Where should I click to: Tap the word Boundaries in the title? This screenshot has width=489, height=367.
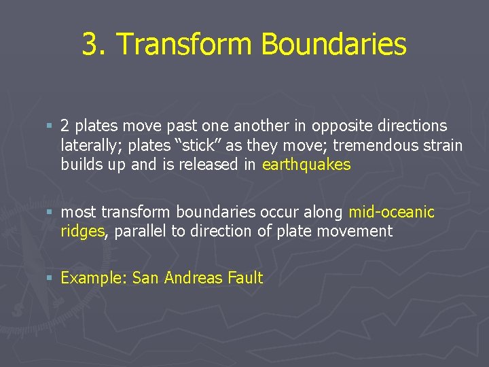[333, 45]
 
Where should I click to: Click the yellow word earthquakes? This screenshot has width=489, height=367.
[306, 165]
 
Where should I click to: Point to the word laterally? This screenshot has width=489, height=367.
[88, 145]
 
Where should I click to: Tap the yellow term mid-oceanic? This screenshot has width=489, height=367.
[391, 212]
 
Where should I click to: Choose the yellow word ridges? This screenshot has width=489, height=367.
[82, 232]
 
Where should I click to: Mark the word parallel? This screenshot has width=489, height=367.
[141, 232]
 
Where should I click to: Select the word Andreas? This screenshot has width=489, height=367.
[194, 278]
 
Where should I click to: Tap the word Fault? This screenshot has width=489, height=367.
[245, 278]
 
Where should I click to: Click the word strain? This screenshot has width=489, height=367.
[443, 145]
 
